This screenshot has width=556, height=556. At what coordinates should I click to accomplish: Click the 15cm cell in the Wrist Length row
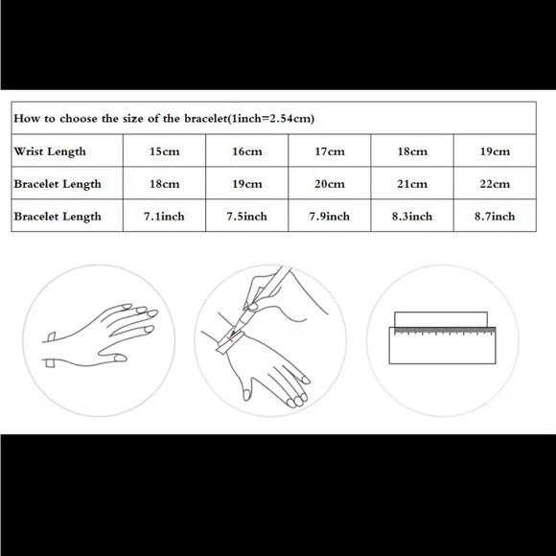164,151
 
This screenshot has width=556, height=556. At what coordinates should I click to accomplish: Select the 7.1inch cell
164,216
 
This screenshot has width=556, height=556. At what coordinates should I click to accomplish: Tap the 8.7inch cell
495,216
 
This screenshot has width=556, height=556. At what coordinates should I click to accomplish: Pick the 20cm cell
330,184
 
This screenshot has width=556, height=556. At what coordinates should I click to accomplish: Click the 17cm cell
330,151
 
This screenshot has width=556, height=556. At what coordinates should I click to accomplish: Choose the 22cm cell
495,184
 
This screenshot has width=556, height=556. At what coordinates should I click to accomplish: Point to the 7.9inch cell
330,216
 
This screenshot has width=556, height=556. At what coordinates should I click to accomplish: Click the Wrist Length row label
50,151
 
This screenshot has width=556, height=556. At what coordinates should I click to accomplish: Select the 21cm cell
412,184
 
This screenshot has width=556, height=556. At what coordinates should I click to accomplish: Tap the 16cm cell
246,151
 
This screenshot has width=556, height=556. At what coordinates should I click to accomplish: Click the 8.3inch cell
412,216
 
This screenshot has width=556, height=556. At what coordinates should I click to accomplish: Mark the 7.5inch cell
246,216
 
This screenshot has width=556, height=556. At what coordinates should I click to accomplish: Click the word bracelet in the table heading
205,118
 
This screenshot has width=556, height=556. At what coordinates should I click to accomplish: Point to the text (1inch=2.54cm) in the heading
271,119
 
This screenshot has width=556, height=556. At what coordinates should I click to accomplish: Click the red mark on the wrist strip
230,339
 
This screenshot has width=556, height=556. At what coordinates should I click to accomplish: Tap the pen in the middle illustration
262,301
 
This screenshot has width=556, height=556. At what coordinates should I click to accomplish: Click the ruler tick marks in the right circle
445,332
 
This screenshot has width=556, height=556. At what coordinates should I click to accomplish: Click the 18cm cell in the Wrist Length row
412,151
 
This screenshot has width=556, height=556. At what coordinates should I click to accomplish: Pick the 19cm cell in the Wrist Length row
495,151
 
